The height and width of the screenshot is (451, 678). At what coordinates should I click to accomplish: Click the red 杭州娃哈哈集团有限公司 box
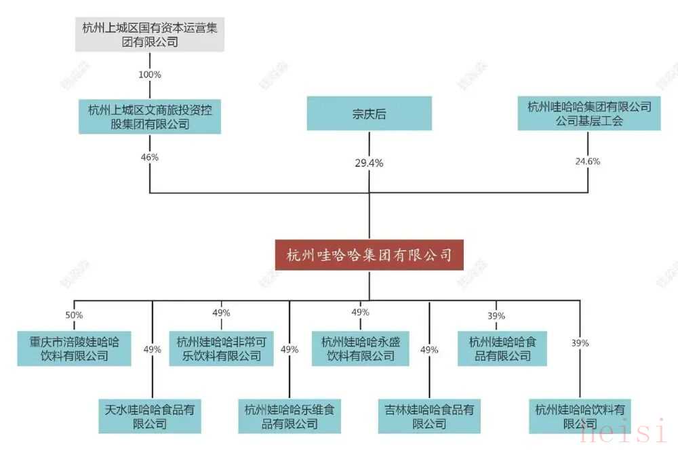[370, 256]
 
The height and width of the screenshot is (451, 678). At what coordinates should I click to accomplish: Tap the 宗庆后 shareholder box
[370, 114]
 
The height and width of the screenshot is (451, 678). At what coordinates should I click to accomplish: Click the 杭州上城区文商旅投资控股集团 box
[149, 116]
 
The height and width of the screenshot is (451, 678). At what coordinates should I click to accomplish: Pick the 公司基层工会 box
[589, 114]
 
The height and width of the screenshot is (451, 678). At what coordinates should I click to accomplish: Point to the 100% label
[149, 75]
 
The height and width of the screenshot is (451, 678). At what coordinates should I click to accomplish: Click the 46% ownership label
[149, 157]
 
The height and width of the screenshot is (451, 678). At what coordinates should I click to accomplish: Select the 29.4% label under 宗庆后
[370, 163]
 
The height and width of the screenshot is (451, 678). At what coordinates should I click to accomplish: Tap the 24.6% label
[589, 161]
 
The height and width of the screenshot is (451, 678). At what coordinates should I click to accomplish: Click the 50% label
[74, 315]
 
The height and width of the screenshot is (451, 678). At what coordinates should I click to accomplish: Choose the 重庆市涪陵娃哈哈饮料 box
[74, 348]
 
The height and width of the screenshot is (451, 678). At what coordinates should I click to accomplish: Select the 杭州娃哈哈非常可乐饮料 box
[220, 348]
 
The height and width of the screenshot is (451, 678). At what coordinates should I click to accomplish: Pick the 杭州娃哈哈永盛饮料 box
[360, 348]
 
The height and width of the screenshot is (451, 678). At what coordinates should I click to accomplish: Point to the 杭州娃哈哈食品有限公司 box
[502, 348]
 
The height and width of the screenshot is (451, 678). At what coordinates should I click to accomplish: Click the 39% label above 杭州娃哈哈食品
[496, 316]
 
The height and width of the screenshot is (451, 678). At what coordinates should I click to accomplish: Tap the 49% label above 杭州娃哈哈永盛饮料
[360, 313]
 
